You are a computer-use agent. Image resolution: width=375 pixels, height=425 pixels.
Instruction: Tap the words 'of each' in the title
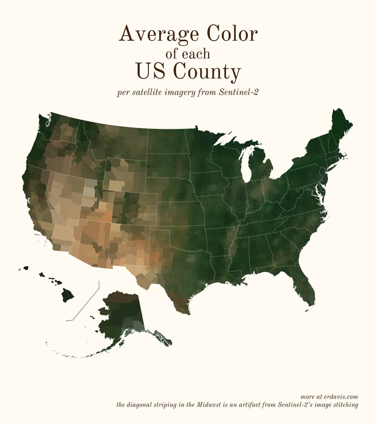point(187,54)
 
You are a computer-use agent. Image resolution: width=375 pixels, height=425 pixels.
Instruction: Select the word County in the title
point(207,71)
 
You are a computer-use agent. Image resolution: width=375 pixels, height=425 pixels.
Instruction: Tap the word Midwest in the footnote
point(209,405)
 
